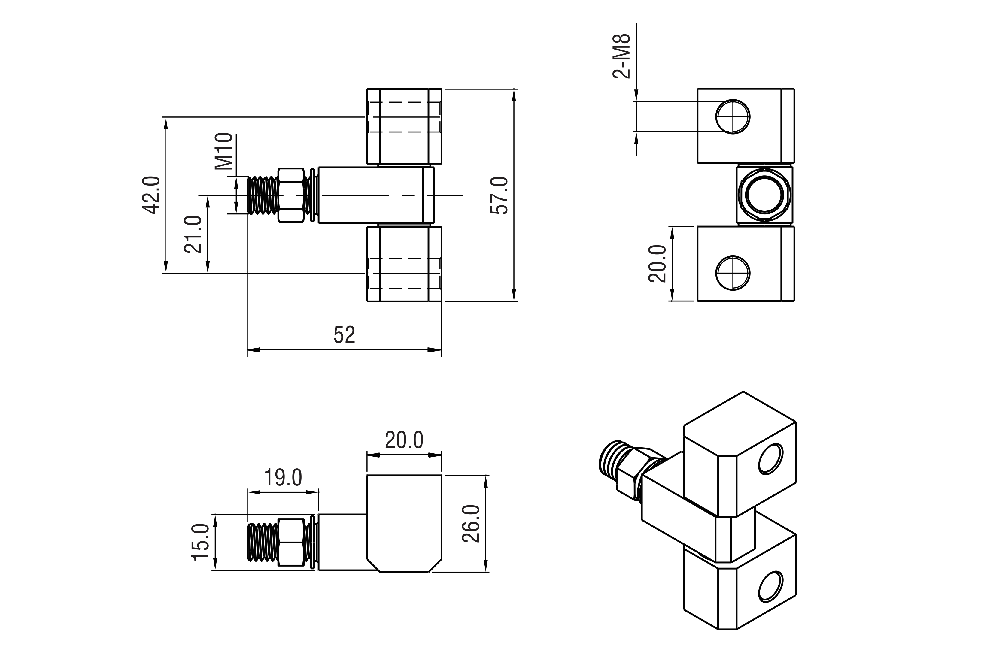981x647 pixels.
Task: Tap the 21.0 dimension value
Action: pos(193,234)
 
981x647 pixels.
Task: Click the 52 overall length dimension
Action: pos(344,335)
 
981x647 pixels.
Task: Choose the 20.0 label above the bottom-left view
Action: pos(404,440)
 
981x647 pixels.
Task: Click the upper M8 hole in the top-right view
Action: pos(733,117)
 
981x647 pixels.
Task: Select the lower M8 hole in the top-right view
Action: pos(733,273)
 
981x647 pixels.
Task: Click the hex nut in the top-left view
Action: pos(291,195)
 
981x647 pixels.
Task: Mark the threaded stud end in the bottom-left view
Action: pos(262,542)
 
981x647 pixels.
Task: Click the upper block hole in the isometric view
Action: pos(770,458)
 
